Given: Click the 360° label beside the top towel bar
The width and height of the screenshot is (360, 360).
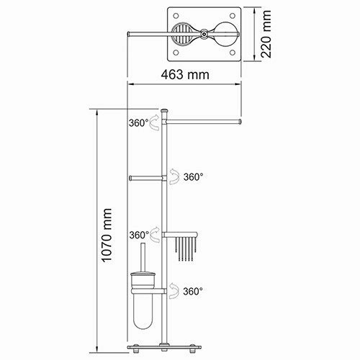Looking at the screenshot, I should click(139, 123).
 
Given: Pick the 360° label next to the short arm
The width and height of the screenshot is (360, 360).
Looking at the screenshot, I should click(192, 176).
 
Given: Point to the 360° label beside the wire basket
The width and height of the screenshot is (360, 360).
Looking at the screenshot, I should click(139, 234).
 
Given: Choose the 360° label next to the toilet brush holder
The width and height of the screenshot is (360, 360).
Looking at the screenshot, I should click(192, 291).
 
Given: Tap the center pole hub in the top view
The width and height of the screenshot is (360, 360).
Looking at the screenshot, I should click(205, 34).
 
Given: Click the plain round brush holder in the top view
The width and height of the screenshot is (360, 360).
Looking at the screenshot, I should click(224, 34).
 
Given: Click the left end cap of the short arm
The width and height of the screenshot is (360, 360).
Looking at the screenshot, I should click(130, 177).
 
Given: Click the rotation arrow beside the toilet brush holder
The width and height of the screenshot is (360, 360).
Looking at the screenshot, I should click(175, 291).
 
